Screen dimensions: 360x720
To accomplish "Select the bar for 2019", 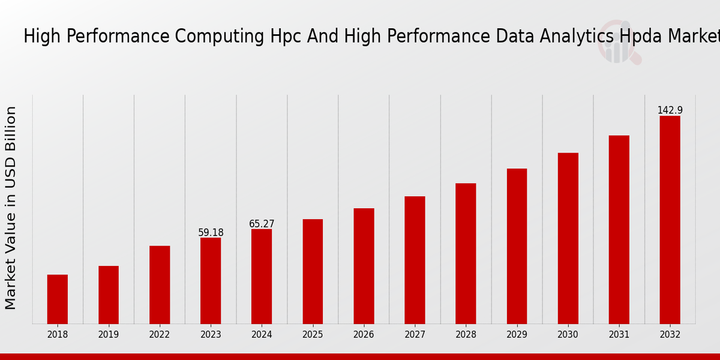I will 109,295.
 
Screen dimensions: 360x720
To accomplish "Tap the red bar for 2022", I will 160,284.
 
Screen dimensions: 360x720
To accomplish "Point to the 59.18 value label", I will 211,233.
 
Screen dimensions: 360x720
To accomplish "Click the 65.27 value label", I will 262,224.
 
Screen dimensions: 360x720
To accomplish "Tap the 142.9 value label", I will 670,110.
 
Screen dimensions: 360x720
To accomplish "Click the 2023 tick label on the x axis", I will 211,335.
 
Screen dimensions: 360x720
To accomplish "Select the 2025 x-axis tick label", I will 313,335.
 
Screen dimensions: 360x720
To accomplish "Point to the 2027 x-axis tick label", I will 415,335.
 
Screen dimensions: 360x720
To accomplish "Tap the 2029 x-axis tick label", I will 517,335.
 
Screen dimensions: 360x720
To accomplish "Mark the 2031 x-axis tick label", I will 619,335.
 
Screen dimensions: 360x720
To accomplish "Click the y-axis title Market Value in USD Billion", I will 11,208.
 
